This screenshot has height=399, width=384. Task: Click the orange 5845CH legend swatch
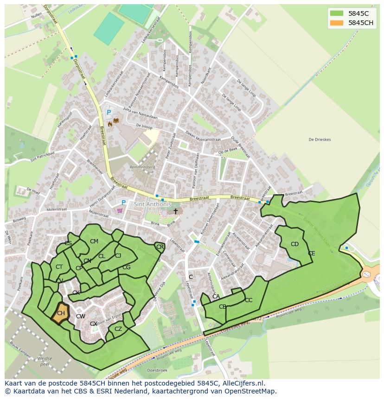click(x=337, y=23)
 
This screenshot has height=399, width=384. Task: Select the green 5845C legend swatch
click(x=337, y=13)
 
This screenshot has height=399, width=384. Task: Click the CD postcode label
click(x=294, y=244)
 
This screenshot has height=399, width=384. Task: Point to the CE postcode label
click(x=311, y=253)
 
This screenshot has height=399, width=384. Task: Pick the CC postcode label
click(x=249, y=300)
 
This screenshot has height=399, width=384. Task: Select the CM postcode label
click(x=94, y=241)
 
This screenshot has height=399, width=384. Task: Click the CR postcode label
click(x=160, y=247)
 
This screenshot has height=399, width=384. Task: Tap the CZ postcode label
click(x=118, y=329)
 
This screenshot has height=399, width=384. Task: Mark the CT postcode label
click(x=59, y=267)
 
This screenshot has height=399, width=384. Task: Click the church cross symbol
click(x=175, y=211)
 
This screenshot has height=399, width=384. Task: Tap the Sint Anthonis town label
click(x=152, y=204)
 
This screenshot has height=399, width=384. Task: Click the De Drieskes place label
click(x=320, y=139)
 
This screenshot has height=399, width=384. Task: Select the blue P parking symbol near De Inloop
click(x=109, y=113)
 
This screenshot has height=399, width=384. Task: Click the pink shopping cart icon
click(x=121, y=210)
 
